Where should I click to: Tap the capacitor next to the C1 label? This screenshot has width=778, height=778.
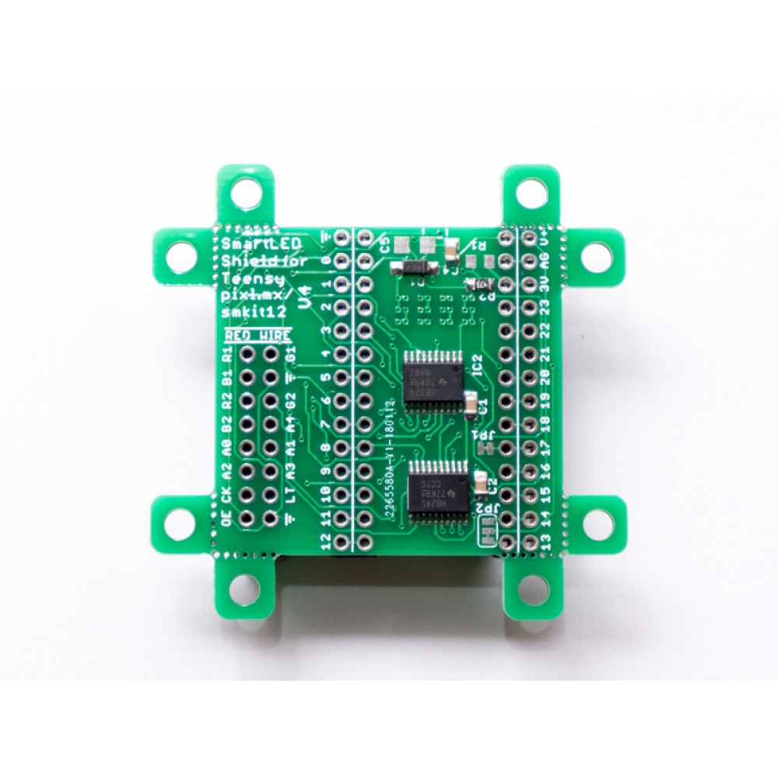(471, 403)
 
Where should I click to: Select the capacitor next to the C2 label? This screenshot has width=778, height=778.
(480, 482)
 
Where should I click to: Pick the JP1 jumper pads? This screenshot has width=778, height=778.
(488, 449)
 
